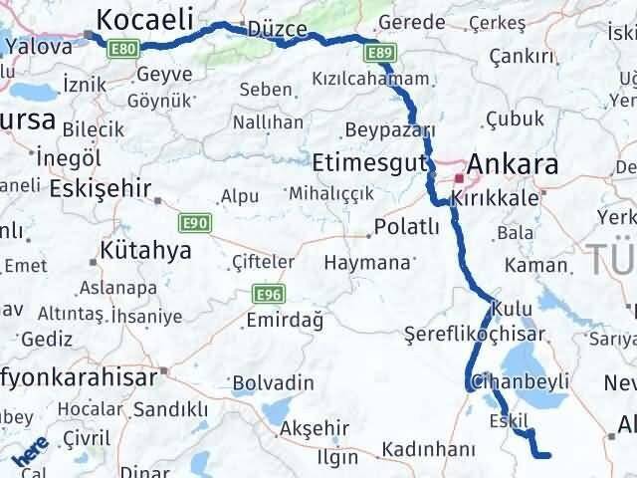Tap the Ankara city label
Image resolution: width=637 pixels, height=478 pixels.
click(513, 163)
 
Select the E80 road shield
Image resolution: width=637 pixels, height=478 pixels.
click(124, 47)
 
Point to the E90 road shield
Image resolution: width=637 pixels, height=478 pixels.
click(195, 223)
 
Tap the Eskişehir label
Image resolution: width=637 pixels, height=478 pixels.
click(102, 187)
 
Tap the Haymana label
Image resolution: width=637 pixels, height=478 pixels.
click(367, 263)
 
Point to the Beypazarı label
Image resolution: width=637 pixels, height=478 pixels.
click(390, 129)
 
